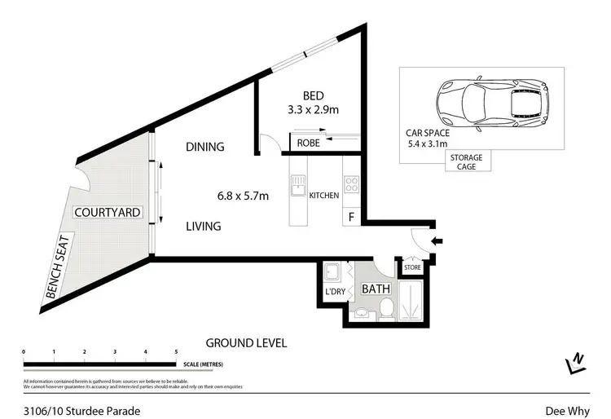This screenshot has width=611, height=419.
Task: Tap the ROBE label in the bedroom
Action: [x=308, y=143]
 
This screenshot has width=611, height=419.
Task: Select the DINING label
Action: [x=205, y=147]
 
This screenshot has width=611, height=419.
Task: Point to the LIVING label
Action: [x=204, y=227]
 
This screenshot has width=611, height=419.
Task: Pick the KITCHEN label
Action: [x=323, y=196]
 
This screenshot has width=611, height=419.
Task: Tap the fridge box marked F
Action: [x=351, y=218]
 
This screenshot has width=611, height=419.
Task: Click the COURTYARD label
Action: [x=108, y=213]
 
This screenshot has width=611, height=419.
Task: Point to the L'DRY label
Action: [x=335, y=291]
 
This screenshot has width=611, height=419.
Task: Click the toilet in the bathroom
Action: [x=387, y=307]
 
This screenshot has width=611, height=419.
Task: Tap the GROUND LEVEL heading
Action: [x=246, y=343]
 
